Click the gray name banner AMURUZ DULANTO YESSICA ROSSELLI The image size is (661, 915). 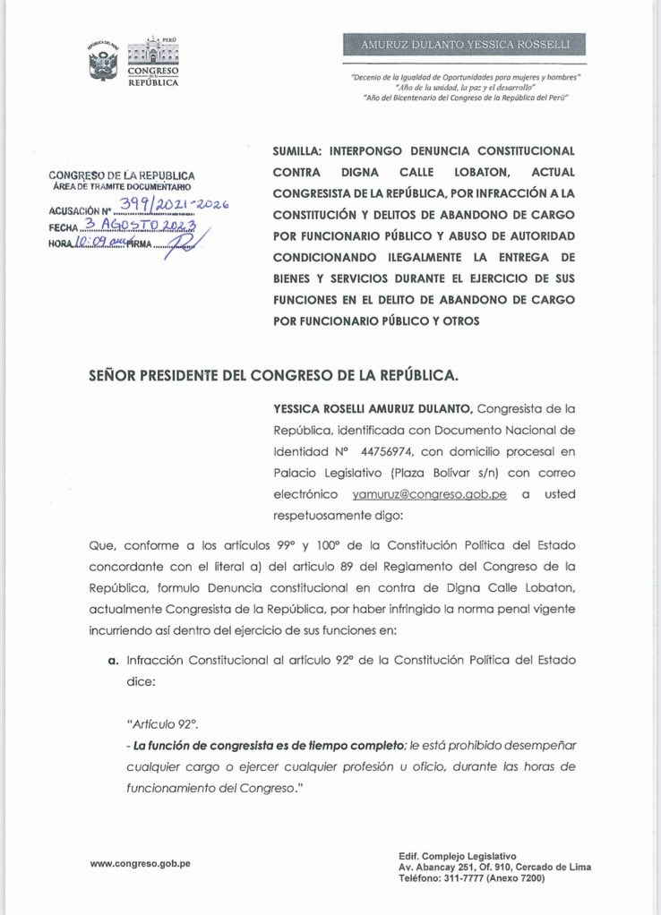[464, 45]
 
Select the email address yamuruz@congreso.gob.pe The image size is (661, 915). [430, 494]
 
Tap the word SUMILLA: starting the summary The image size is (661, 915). [299, 151]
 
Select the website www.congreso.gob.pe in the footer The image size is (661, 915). [140, 864]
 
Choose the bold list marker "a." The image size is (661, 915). [113, 660]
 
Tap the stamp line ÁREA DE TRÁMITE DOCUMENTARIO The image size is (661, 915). [120, 186]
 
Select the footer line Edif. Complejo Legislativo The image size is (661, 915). [457, 856]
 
